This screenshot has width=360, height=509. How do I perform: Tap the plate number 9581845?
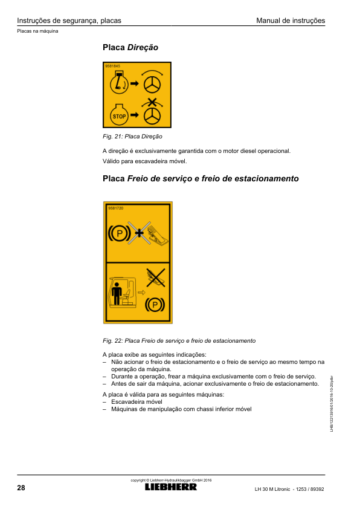click(x=112, y=66)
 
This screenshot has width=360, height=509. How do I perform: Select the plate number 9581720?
click(x=116, y=208)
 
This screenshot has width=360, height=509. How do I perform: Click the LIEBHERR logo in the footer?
click(x=171, y=487)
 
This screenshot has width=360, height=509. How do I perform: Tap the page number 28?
click(x=21, y=488)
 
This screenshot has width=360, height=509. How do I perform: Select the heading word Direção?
click(x=143, y=47)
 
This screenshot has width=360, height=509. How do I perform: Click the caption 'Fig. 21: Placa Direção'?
click(x=132, y=137)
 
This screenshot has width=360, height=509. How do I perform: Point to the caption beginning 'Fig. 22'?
click(x=179, y=341)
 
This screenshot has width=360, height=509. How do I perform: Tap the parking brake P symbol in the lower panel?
click(x=155, y=305)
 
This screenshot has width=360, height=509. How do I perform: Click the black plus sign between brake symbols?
click(x=139, y=233)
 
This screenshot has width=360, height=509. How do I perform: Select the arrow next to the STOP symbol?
click(x=134, y=115)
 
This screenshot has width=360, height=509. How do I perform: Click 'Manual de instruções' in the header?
click(x=291, y=21)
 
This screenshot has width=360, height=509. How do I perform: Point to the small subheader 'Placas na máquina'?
click(x=37, y=31)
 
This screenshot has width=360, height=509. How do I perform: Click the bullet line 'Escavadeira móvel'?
click(x=137, y=402)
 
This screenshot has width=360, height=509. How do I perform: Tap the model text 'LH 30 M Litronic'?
click(x=272, y=489)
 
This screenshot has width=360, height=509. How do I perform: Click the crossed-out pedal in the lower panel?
click(x=156, y=278)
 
